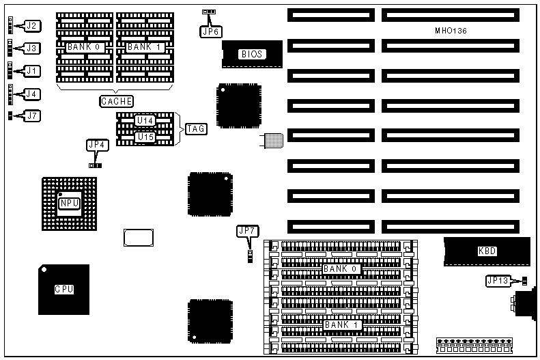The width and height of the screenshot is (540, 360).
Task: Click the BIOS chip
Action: (x=251, y=54)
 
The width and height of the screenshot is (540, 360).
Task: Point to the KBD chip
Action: (x=487, y=251)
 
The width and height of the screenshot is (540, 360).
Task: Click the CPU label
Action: (x=64, y=289)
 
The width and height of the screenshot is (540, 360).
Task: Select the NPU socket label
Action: (x=69, y=203)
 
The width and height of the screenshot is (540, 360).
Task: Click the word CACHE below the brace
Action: (x=116, y=102)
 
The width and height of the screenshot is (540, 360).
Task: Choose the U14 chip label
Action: (x=145, y=120)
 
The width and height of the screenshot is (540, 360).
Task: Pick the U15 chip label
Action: (x=145, y=137)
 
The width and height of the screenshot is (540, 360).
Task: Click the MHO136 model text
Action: (x=451, y=31)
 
